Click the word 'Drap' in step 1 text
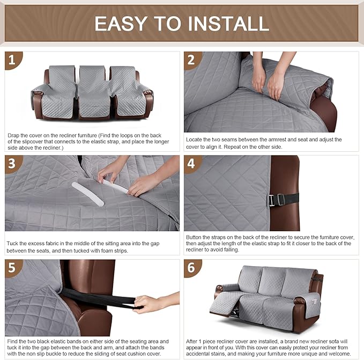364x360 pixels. coord(14,136)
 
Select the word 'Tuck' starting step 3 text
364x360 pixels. coord(13,243)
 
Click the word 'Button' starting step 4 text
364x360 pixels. coord(196,237)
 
